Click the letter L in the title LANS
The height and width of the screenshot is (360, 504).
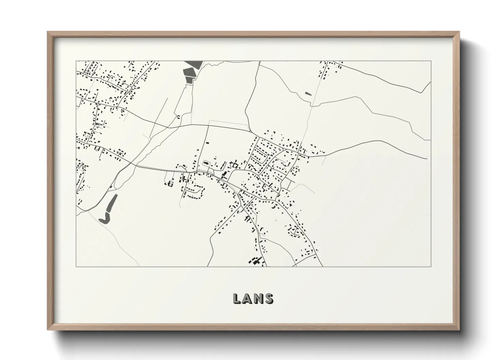click(237, 298)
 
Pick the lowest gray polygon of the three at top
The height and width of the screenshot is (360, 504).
click(189, 80)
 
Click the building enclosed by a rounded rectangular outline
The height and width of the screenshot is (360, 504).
click(206, 163)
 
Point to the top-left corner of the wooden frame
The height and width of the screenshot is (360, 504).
click(48, 32)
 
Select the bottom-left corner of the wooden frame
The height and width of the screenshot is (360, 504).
click(48, 329)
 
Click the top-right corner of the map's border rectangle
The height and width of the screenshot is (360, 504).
click(431, 61)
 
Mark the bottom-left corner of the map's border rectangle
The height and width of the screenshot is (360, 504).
click(76, 266)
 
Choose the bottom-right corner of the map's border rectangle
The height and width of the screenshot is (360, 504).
click(431, 266)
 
